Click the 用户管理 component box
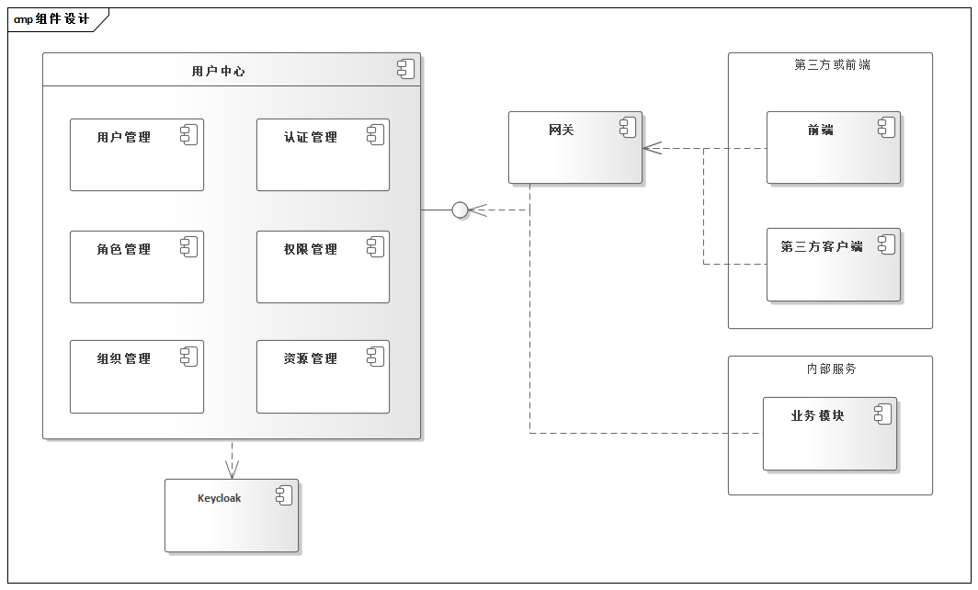136,155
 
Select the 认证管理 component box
323,155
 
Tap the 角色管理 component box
136,267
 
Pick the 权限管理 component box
323,267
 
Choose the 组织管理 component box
136,377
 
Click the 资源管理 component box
323,377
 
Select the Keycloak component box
231,516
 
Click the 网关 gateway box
574,148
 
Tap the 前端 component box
833,148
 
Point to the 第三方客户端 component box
833,265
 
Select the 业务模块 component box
829,434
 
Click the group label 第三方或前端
832,65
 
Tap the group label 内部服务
831,369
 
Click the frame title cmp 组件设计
52,19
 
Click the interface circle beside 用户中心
461,210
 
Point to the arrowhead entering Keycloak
232,471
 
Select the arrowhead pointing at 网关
652,148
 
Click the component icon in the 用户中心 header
405,68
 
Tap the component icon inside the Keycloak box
283,495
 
